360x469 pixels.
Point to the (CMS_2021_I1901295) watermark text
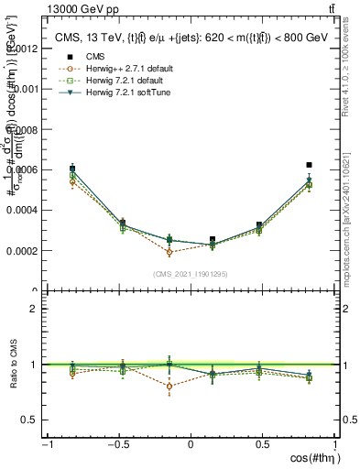pyautogui.click(x=190, y=275)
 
